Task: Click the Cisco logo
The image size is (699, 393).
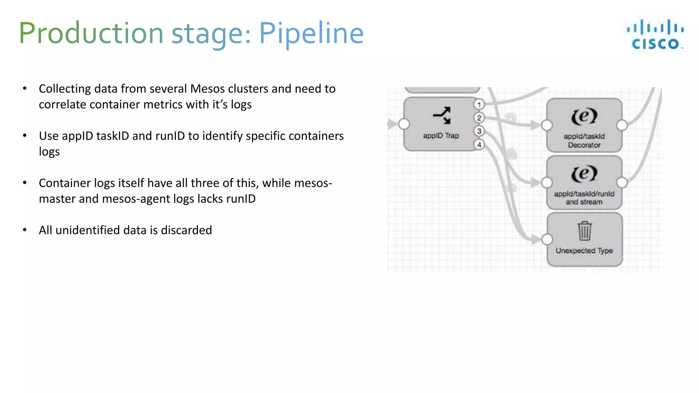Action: click(x=655, y=34)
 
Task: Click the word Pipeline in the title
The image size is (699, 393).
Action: click(x=311, y=33)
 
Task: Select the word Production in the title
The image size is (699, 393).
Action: click(x=91, y=33)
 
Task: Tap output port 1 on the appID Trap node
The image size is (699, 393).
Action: click(x=479, y=104)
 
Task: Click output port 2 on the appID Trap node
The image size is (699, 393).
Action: click(x=479, y=118)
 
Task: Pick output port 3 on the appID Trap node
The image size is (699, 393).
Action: click(x=479, y=131)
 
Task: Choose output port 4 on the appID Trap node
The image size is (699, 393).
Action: click(x=479, y=145)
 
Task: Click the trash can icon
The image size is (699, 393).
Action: click(x=584, y=231)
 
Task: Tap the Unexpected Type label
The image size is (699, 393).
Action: click(x=584, y=251)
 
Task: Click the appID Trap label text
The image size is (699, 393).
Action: click(x=441, y=136)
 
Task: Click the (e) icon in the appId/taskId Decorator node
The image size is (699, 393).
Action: click(x=584, y=116)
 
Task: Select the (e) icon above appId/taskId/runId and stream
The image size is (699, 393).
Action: click(x=584, y=174)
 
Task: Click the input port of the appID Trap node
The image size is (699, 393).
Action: click(x=404, y=124)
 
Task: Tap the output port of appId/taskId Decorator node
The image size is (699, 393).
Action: click(x=622, y=125)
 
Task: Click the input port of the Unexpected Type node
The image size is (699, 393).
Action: click(x=547, y=239)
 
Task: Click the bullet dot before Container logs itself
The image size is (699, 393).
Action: click(x=25, y=183)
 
